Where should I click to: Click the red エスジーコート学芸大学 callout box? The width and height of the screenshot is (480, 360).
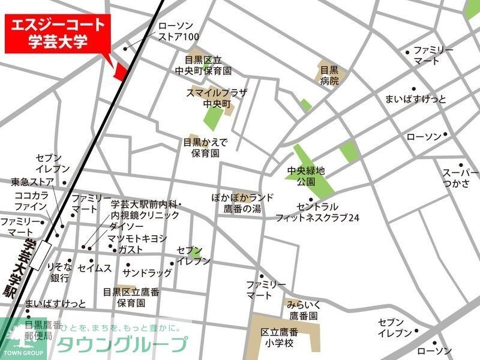click(x=59, y=34)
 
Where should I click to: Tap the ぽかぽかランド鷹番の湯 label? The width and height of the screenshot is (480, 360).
click(x=242, y=202)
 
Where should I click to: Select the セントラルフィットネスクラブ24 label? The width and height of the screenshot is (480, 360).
click(x=317, y=212)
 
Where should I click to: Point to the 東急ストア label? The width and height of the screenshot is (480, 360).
click(x=32, y=181)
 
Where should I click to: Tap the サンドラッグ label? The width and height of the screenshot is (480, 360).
click(x=147, y=272)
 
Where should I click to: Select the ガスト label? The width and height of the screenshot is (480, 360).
click(x=131, y=249)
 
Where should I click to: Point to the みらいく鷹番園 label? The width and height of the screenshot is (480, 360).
click(x=302, y=310)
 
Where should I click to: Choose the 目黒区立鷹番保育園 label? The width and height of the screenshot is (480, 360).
click(x=131, y=298)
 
